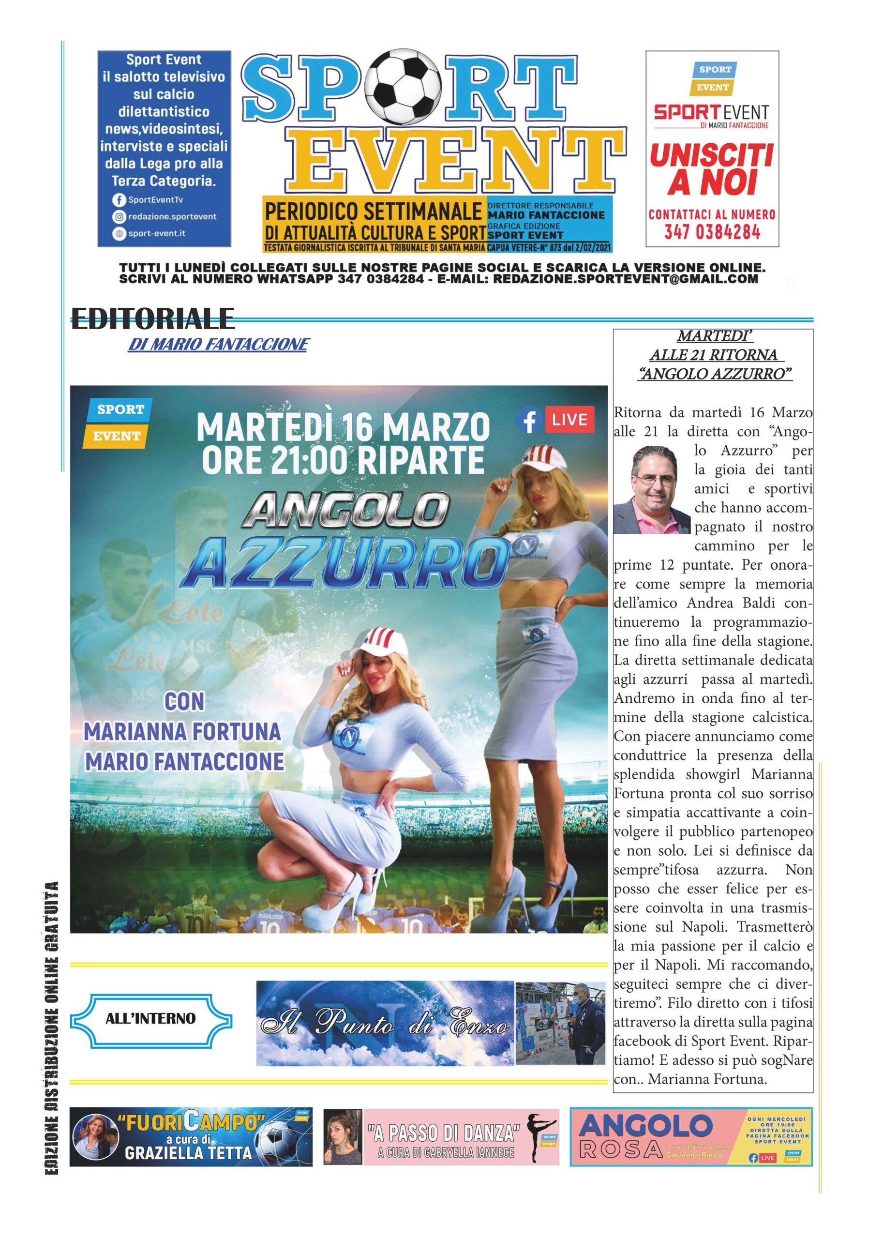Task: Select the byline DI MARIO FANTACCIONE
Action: click(218, 344)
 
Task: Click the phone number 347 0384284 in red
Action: click(712, 232)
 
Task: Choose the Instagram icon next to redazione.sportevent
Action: click(119, 217)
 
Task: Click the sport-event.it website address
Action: click(157, 234)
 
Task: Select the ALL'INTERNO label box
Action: click(151, 1019)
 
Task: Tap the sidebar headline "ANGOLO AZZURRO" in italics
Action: click(715, 374)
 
